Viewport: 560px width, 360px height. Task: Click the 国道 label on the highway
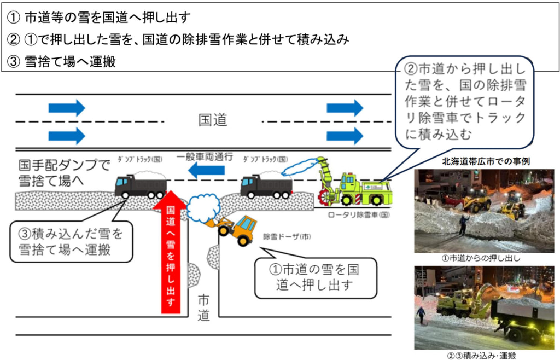(x=213, y=120)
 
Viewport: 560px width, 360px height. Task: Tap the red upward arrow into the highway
(x=171, y=252)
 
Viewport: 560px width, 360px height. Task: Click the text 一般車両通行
(x=206, y=158)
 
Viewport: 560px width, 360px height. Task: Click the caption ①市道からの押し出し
(x=484, y=259)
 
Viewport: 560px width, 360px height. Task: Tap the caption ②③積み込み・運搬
(x=484, y=355)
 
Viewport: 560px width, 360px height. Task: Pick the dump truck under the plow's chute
(x=266, y=185)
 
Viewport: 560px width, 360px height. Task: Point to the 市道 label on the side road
(x=203, y=308)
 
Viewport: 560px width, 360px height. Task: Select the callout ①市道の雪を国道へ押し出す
(x=316, y=277)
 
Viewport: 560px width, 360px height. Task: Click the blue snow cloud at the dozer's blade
(x=203, y=206)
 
